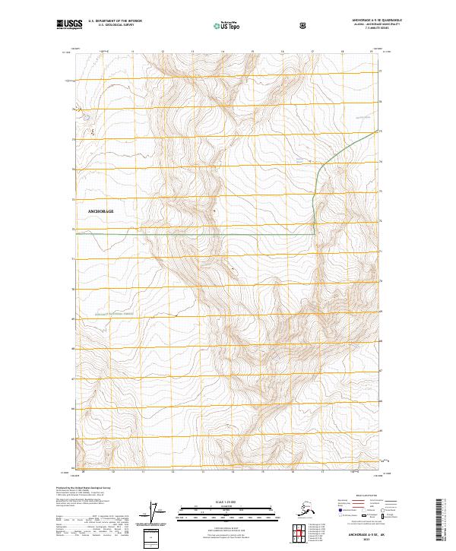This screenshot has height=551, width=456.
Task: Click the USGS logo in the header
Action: click(x=70, y=25)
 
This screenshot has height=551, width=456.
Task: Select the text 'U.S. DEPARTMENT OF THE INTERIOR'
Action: click(x=116, y=22)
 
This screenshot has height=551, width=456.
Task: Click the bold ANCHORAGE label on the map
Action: click(x=101, y=211)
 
